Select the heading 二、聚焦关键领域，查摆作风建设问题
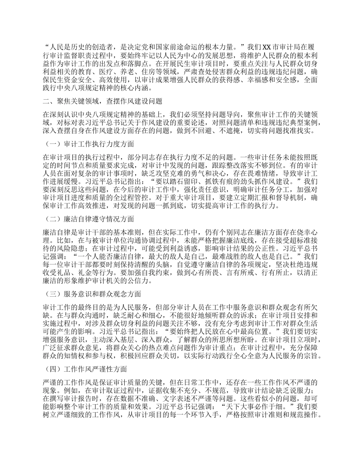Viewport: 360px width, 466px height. (x=102, y=101)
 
